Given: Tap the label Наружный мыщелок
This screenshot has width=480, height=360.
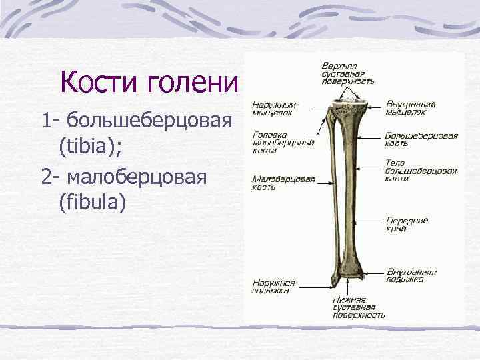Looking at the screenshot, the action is (x=274, y=109).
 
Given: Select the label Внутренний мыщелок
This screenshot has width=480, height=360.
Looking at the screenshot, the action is (x=411, y=108).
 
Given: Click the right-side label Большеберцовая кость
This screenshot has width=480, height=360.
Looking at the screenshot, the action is (x=421, y=139).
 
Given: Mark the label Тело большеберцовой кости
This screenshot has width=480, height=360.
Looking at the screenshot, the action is (x=421, y=170).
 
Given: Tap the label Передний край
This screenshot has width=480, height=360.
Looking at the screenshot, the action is (x=406, y=224).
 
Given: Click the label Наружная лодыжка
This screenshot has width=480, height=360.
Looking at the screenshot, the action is (x=273, y=285).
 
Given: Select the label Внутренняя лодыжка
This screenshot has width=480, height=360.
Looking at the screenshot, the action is (x=411, y=275).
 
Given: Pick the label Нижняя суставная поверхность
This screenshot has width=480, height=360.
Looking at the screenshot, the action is (x=359, y=307).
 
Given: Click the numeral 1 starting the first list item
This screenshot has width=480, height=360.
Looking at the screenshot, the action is (x=45, y=121).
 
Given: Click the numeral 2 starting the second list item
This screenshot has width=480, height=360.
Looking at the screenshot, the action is (x=46, y=177).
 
